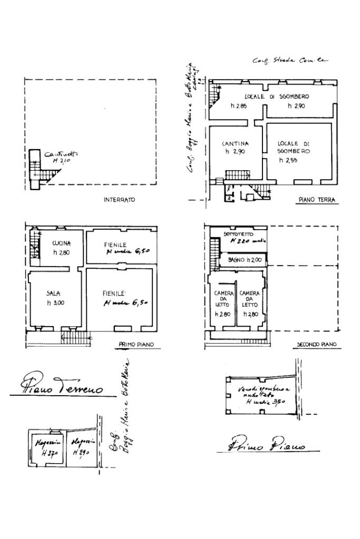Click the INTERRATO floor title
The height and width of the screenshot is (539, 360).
[x=119, y=200]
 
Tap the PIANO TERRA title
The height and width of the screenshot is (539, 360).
[x=317, y=200]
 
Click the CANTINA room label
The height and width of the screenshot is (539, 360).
[x=235, y=143]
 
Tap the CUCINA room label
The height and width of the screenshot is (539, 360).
[x=62, y=243]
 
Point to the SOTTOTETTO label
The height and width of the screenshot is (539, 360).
[x=238, y=233]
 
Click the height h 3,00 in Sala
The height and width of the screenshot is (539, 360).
[x=55, y=302]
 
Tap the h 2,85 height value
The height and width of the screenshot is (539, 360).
[x=239, y=106]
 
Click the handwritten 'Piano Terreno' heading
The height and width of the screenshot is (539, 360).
[x=63, y=388]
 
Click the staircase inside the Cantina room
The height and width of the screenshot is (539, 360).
[x=237, y=174]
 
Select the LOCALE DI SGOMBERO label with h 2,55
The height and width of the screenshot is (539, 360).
[x=294, y=147]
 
